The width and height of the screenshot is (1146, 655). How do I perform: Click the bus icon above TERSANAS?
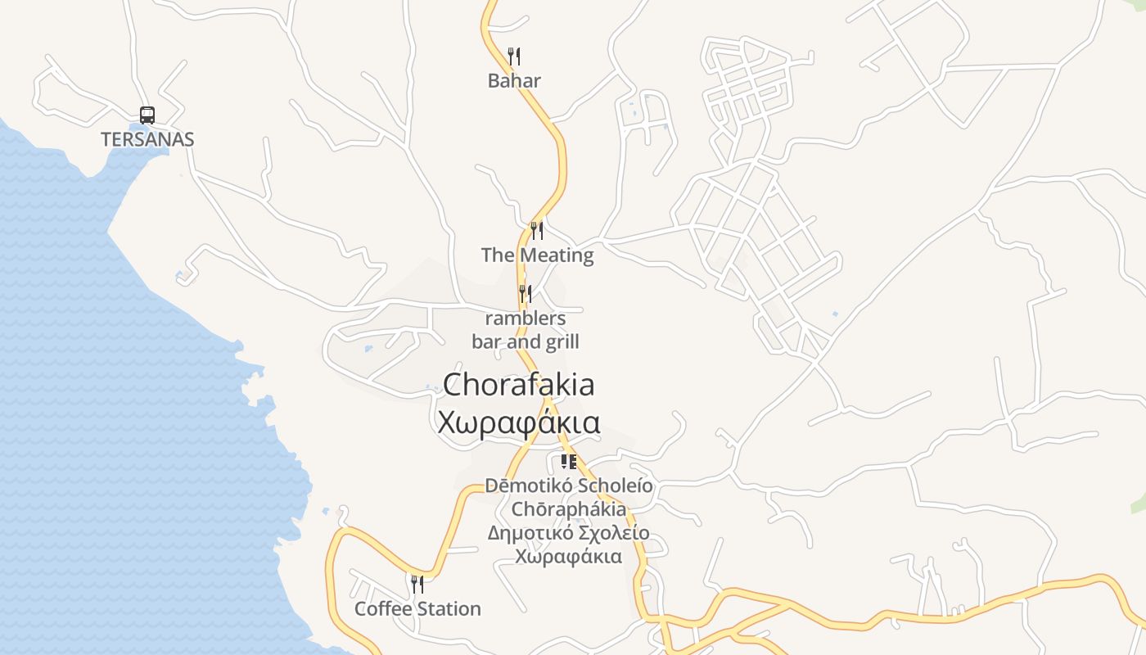pyautogui.click(x=147, y=115)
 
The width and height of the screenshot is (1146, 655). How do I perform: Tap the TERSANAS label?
pyautogui.click(x=147, y=139)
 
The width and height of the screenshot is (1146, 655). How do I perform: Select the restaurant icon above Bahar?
pyautogui.click(x=514, y=56)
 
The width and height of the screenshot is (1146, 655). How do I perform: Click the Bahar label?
pyautogui.click(x=514, y=80)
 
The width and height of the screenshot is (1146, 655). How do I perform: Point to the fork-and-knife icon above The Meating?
pyautogui.click(x=537, y=231)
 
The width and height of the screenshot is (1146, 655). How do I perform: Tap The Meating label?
pyautogui.click(x=537, y=255)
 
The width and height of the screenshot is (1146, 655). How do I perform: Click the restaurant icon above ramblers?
pyautogui.click(x=526, y=294)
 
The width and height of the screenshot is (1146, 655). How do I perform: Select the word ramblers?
pyautogui.click(x=526, y=318)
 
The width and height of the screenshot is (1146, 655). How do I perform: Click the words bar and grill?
pyautogui.click(x=526, y=341)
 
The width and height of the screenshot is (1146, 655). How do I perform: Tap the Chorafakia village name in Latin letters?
pyautogui.click(x=519, y=385)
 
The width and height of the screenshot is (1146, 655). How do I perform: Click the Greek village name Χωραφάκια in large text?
pyautogui.click(x=519, y=423)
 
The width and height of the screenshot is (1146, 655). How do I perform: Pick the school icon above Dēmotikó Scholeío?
pyautogui.click(x=569, y=462)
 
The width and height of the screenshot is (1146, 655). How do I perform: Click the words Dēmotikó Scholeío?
pyautogui.click(x=569, y=486)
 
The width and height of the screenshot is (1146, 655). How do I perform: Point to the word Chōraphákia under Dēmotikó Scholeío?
pyautogui.click(x=569, y=509)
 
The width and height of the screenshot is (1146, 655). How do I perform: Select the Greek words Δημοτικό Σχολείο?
pyautogui.click(x=569, y=533)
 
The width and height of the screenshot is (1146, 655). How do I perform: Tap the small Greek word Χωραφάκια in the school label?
pyautogui.click(x=569, y=557)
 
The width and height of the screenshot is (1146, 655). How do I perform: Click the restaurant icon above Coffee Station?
pyautogui.click(x=417, y=585)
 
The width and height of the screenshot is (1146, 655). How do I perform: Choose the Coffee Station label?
pyautogui.click(x=417, y=608)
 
